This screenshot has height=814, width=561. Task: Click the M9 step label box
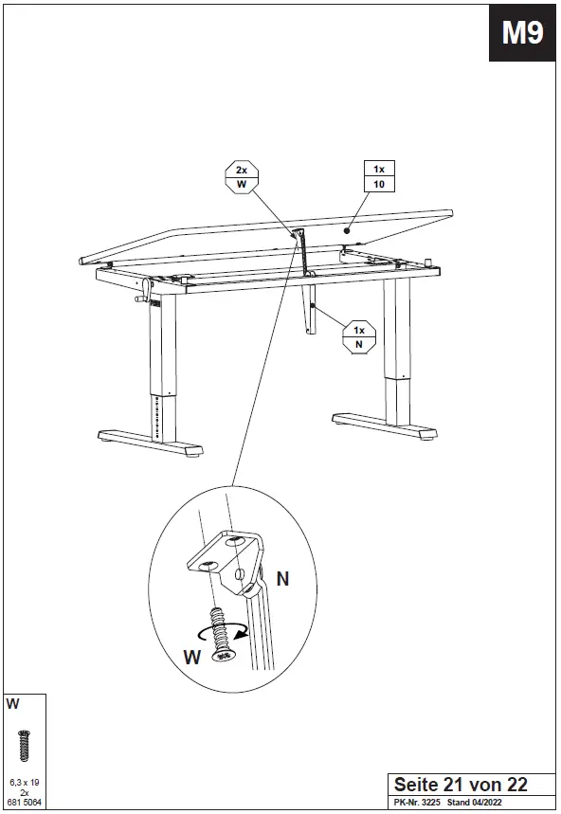[x=523, y=35]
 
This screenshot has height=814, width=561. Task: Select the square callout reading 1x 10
[x=378, y=176]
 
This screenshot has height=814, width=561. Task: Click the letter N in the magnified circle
[x=282, y=576]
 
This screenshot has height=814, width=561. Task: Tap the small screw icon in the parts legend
[x=24, y=744]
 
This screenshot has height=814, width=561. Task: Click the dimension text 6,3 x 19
[x=24, y=782]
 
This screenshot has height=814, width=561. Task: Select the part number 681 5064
[x=24, y=802]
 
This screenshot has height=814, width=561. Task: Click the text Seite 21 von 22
[x=461, y=785]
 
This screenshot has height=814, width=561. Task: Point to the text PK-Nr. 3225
[x=418, y=803]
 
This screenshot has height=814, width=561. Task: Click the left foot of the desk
[x=152, y=442]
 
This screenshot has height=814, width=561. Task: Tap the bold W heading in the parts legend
[x=12, y=704]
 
